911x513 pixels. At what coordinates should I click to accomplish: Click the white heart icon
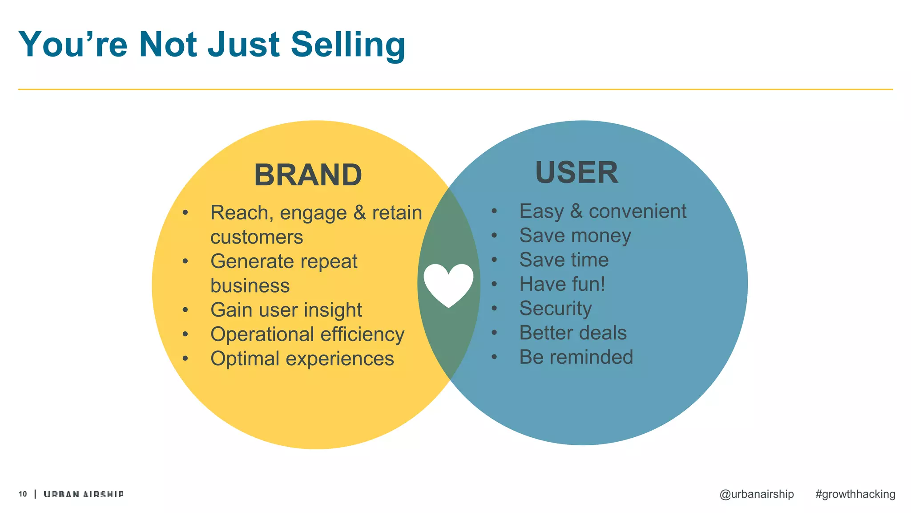click(x=448, y=284)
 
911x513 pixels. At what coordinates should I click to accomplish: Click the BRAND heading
click(x=308, y=175)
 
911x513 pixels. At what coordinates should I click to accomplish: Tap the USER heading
click(x=576, y=173)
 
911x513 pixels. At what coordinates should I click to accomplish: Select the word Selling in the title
click(x=348, y=45)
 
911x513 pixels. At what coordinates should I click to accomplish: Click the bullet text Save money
click(x=575, y=236)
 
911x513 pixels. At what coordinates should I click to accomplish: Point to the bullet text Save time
click(x=564, y=260)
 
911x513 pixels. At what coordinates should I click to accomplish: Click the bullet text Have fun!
click(x=562, y=284)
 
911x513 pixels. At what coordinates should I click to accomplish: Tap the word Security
click(x=556, y=309)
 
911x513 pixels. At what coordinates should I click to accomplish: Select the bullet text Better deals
click(x=573, y=333)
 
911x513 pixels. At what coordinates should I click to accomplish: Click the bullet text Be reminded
click(x=576, y=357)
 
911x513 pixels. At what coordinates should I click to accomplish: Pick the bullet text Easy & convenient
click(x=603, y=211)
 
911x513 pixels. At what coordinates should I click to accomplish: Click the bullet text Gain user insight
click(x=286, y=310)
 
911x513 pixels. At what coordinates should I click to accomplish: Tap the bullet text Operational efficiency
click(x=307, y=334)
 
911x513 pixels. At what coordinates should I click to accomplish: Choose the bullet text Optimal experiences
click(x=302, y=359)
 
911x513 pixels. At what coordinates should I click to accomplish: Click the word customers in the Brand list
click(x=257, y=237)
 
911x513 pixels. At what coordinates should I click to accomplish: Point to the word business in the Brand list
click(x=250, y=285)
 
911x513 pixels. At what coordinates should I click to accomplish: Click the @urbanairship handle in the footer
click(x=756, y=494)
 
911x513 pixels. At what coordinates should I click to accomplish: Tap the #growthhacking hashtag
click(x=855, y=494)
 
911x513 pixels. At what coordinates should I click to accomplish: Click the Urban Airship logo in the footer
click(x=84, y=494)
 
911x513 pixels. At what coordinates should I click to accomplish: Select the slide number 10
click(x=23, y=494)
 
